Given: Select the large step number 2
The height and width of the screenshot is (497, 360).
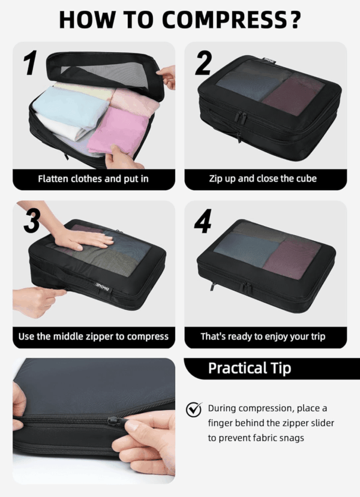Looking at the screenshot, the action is click(x=203, y=63).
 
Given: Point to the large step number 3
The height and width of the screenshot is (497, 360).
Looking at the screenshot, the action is click(x=32, y=221).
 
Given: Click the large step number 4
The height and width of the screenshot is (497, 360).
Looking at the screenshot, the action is click(x=203, y=221).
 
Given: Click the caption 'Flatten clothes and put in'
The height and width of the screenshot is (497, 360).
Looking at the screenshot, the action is click(x=93, y=179).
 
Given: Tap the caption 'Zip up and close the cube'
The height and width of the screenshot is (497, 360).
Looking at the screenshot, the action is click(x=263, y=179).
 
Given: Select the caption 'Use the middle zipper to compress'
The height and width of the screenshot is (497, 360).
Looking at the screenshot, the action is click(x=93, y=336).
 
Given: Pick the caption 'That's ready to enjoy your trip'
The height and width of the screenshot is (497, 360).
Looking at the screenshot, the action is click(x=263, y=336).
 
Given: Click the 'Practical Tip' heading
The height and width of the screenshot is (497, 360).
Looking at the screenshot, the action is click(x=250, y=368).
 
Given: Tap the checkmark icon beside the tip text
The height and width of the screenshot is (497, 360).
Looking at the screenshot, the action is click(x=194, y=409).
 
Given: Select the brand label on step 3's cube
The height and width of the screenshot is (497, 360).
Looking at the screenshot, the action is click(x=103, y=286).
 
